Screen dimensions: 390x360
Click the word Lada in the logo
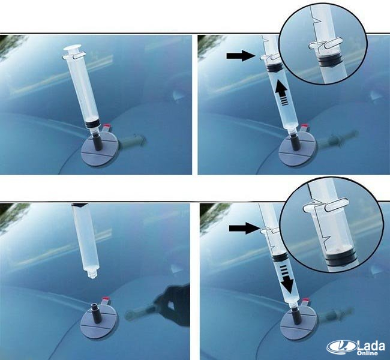tap(371, 346)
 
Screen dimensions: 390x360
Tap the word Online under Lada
tap(367, 353)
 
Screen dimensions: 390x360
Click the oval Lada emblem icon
tap(341, 347)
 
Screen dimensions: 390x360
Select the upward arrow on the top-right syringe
tap(281, 94)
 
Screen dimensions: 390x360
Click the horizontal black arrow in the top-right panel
tap(241, 56)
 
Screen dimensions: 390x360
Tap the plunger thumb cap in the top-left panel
tap(73, 48)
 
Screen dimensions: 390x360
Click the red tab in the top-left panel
tap(107, 125)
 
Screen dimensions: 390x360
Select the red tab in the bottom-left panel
tap(106, 298)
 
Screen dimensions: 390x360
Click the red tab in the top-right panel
tap(305, 126)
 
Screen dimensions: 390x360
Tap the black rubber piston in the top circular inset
tap(328, 61)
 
